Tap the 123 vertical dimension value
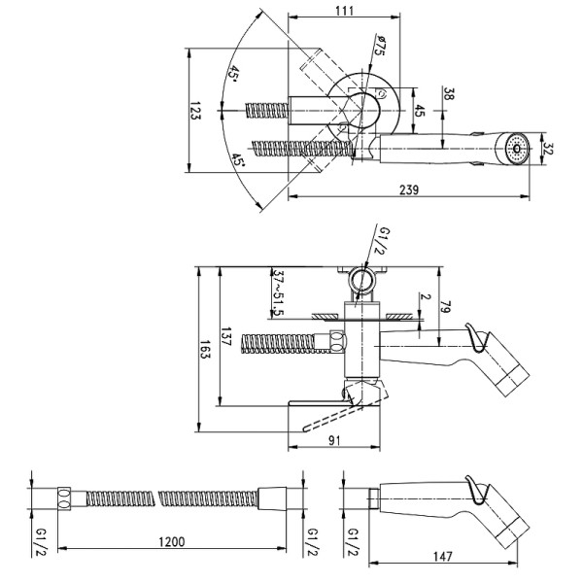(195, 114)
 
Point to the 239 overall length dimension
(408, 190)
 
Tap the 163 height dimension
(204, 349)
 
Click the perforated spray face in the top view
(516, 151)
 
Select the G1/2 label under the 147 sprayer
(355, 542)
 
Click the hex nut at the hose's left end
(63, 500)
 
